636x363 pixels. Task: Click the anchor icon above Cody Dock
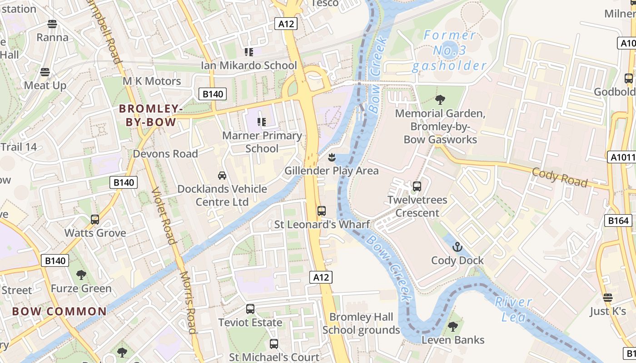457,247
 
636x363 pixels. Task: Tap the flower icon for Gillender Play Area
332,157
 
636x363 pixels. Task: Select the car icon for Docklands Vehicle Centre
222,176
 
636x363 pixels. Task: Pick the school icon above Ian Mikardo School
248,52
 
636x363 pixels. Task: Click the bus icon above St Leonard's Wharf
322,211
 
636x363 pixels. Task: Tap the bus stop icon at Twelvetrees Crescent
417,186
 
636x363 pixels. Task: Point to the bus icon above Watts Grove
95,220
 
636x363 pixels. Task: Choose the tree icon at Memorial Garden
440,100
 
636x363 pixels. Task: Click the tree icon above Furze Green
81,275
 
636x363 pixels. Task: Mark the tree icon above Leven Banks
452,326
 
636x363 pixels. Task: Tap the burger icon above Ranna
52,24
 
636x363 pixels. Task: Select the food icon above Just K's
608,298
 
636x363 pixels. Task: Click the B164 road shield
618,221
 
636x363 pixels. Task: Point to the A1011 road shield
621,157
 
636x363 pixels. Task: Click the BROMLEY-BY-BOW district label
151,116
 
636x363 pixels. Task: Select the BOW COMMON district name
60,312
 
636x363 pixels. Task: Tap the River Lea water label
514,309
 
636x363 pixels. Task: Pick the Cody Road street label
559,177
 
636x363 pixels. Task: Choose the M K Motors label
152,81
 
